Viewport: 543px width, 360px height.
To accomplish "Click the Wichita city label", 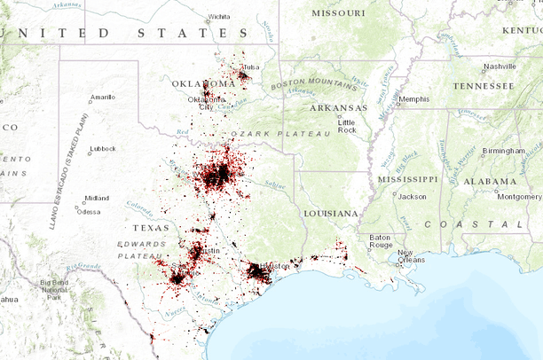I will [218, 16].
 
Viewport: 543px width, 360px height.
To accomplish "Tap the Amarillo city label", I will [102, 97].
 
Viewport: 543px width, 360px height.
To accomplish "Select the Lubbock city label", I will [103, 148].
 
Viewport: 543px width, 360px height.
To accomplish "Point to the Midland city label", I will [97, 198].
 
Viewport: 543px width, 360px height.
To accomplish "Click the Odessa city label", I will [89, 211].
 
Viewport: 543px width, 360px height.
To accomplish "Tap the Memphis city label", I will [413, 98].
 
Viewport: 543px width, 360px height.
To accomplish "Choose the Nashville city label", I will [500, 66].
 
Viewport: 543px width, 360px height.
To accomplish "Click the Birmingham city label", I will [504, 150].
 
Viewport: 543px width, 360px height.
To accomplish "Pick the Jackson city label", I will [413, 196].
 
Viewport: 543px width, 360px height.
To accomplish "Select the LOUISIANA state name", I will [331, 214].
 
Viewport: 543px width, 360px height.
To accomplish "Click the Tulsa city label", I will [252, 67].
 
